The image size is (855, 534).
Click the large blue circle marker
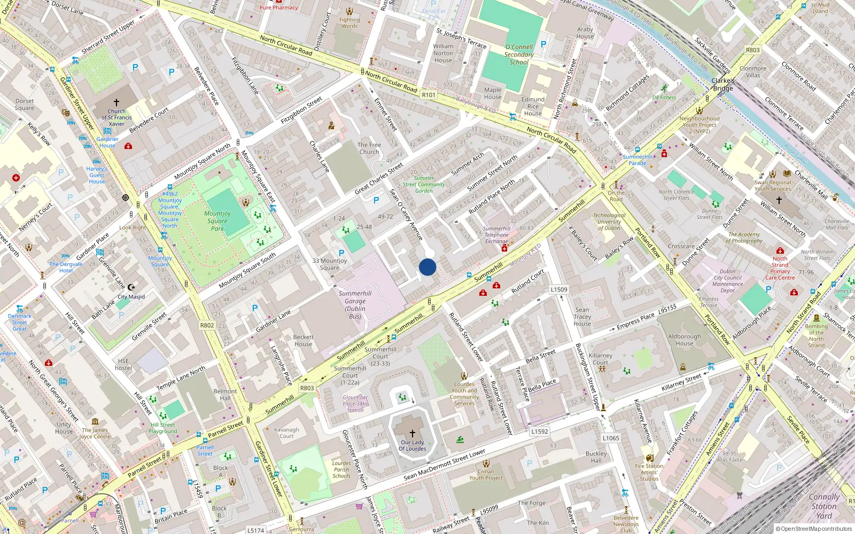[428, 267]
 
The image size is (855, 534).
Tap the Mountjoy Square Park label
[217, 221]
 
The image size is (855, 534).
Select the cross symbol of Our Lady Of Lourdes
[413, 434]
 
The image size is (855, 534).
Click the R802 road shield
[207, 325]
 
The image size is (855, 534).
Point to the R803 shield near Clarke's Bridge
[752, 50]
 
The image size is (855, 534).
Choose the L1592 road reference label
[540, 431]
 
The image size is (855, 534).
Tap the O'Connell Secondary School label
[519, 54]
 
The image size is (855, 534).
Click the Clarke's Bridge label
[723, 84]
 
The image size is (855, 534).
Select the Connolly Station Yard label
[824, 506]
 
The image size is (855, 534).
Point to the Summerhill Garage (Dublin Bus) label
[355, 304]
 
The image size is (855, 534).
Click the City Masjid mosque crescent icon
[131, 287]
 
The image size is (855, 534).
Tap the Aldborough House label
[684, 340]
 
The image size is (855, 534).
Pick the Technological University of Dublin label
[609, 222]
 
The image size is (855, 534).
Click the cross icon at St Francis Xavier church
[116, 102]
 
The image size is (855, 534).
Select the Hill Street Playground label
[162, 428]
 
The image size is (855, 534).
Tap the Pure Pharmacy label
[278, 7]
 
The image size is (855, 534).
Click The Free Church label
[369, 148]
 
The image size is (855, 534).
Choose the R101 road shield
[429, 95]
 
